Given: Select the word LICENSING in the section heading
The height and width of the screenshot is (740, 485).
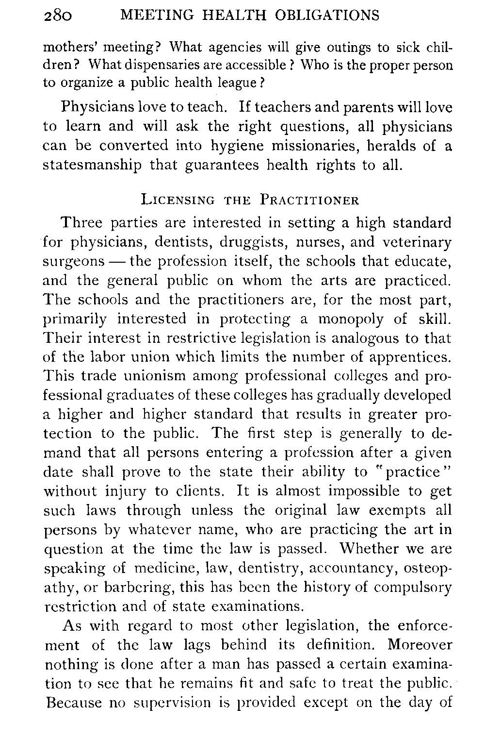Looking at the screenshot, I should pyautogui.click(x=177, y=201).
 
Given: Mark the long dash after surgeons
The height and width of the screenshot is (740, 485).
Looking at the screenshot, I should pyautogui.click(x=117, y=262).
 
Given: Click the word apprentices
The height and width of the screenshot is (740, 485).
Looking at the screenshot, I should pyautogui.click(x=413, y=357).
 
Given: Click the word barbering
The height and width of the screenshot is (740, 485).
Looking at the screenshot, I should pyautogui.click(x=124, y=588).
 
